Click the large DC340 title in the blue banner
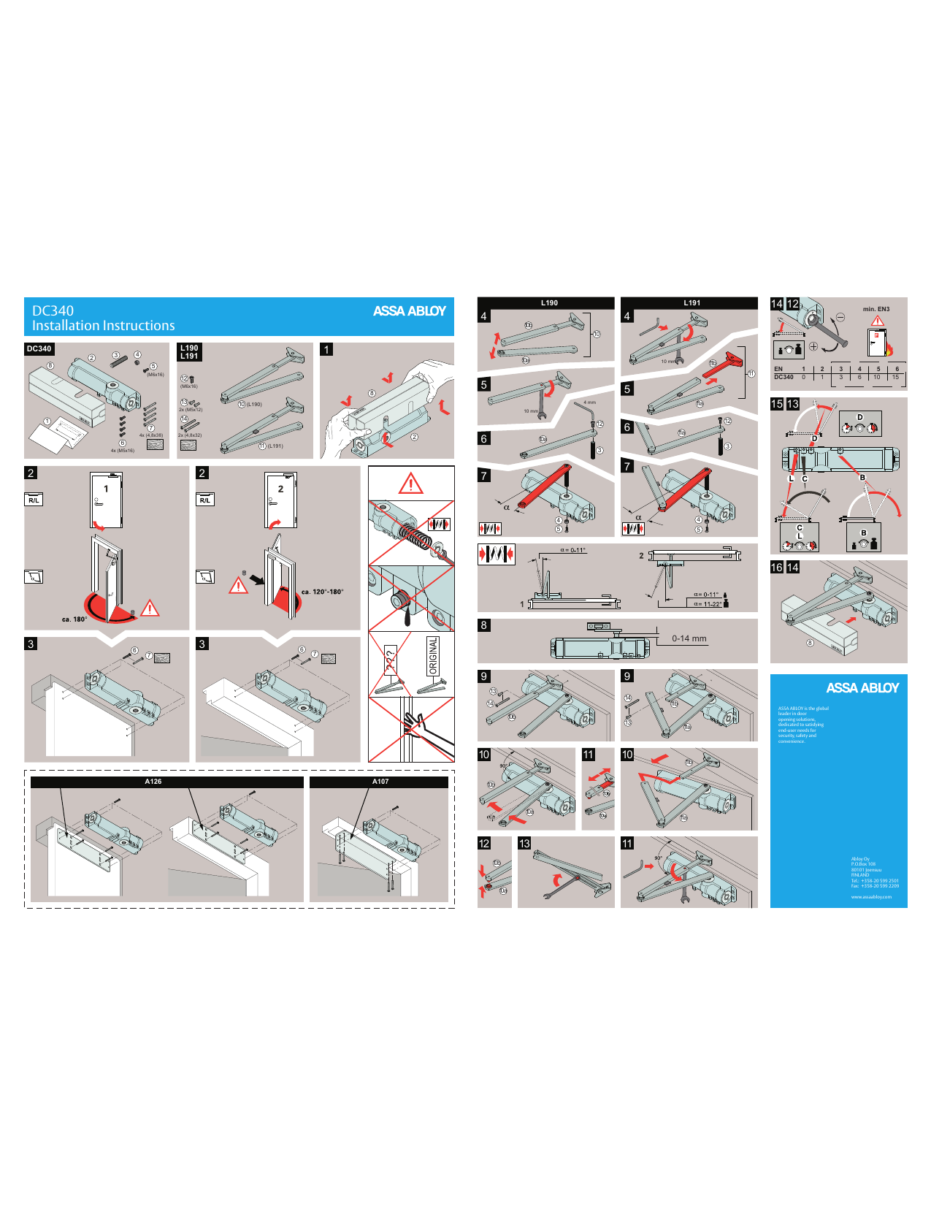click(x=53, y=310)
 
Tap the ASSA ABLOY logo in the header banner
click(x=409, y=311)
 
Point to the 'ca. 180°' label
click(x=74, y=619)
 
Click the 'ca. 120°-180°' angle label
click(x=322, y=592)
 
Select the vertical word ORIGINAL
click(x=433, y=655)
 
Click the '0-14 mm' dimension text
click(x=689, y=638)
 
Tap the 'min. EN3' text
click(x=876, y=309)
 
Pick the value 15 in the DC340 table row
click(x=895, y=378)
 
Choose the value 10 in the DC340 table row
click(x=877, y=378)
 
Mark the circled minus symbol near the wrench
click(x=840, y=317)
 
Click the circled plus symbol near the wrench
click(x=813, y=346)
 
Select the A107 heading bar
click(x=380, y=782)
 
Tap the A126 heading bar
click(x=153, y=782)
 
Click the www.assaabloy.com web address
click(x=871, y=897)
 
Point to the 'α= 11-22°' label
click(x=707, y=604)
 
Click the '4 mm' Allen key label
click(x=589, y=402)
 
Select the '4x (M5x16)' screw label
click(x=122, y=451)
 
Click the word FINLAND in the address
click(x=860, y=875)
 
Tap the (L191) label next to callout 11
click(x=275, y=446)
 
